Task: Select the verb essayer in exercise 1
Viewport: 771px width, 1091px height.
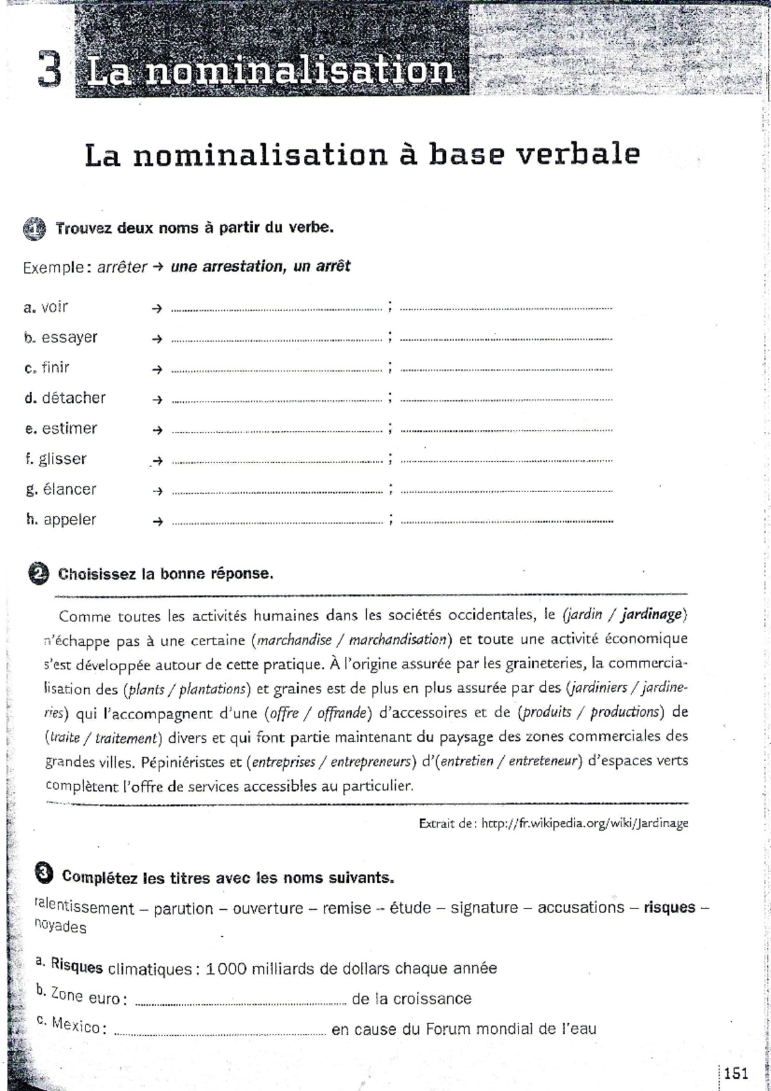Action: tap(69, 337)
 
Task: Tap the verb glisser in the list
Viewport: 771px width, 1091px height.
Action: tap(62, 459)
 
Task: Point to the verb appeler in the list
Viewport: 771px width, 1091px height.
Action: tap(69, 520)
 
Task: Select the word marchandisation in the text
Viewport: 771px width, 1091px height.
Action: tap(398, 640)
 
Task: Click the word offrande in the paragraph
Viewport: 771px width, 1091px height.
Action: tap(341, 713)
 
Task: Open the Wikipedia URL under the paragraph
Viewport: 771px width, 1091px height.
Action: tap(585, 823)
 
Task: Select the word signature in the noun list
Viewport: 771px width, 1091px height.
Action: tap(484, 908)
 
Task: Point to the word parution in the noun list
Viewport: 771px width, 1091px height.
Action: tap(183, 909)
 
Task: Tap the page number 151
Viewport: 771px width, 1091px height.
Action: tap(736, 1072)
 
